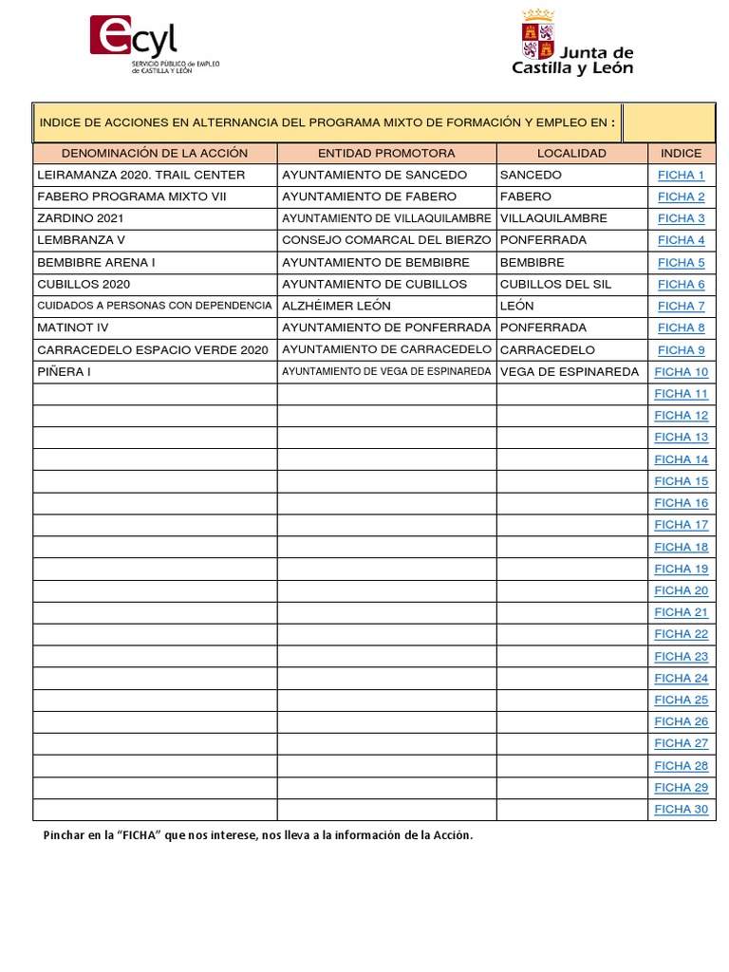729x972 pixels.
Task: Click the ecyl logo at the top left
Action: tap(133, 43)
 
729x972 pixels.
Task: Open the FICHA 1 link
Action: tap(681, 175)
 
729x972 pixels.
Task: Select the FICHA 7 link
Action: tap(681, 306)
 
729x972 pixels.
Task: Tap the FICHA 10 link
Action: tap(681, 372)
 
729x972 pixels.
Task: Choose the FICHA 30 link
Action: tap(681, 809)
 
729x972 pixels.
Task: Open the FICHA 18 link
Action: tap(681, 547)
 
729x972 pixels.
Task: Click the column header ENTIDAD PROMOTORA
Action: tap(386, 153)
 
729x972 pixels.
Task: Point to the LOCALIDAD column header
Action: tap(571, 153)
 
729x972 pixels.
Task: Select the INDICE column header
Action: tap(681, 153)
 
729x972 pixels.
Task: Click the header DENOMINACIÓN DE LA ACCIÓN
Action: tap(155, 153)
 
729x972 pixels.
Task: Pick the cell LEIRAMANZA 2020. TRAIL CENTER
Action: tap(140, 175)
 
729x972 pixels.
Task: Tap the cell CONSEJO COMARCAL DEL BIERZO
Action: tap(386, 240)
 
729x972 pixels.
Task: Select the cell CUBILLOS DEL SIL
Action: tap(555, 284)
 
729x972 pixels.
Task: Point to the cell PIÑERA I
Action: tap(64, 372)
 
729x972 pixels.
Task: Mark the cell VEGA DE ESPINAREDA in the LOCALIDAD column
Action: tap(570, 372)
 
